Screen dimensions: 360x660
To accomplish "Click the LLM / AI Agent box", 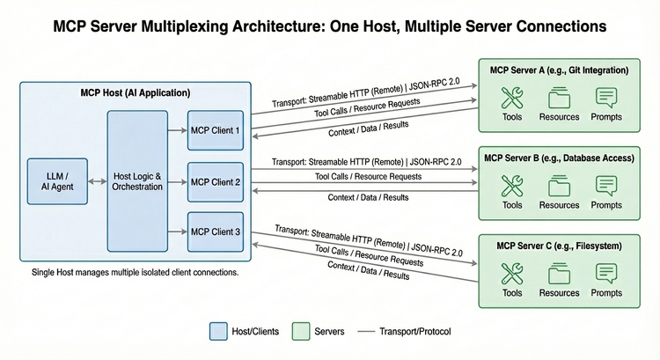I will click(55, 180).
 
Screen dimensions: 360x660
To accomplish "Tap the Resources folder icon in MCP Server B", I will click(559, 186).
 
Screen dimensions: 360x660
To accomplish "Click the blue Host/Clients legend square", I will click(218, 331).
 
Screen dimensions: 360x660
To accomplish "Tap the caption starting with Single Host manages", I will click(135, 273).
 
